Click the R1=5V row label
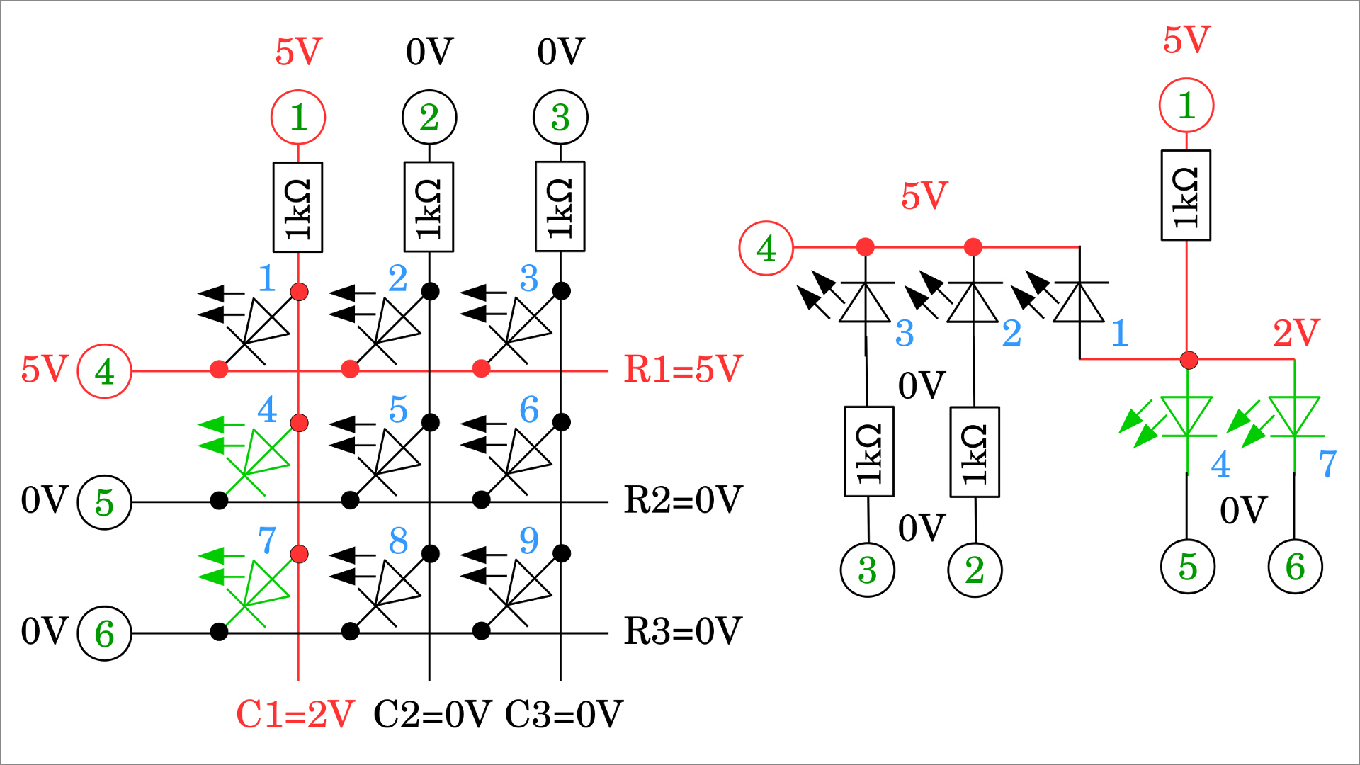(682, 369)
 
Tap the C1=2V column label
(295, 714)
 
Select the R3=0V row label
(682, 631)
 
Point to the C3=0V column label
(564, 714)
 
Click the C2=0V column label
(432, 714)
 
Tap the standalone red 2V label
(1296, 333)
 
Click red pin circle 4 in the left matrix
(104, 371)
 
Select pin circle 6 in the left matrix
(104, 633)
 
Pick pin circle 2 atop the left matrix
(429, 117)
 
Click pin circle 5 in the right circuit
(1188, 567)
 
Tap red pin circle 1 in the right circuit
(1186, 105)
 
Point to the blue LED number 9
(529, 541)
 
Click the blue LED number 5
(398, 409)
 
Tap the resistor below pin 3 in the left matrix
(560, 207)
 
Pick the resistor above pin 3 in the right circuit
(869, 451)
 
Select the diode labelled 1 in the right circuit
(1079, 301)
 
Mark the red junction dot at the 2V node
(1189, 360)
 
